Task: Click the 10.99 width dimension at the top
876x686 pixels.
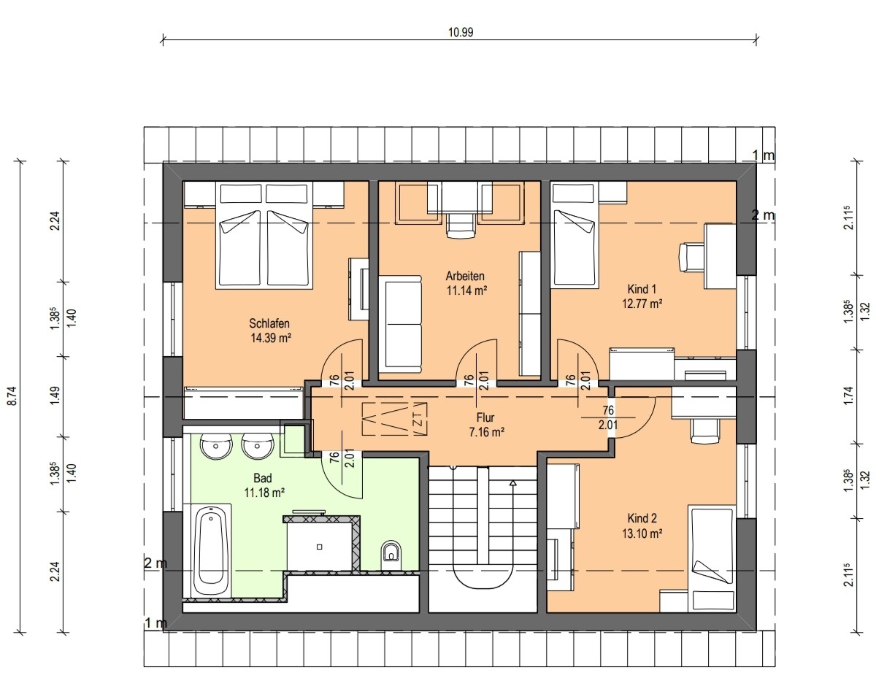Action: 461,32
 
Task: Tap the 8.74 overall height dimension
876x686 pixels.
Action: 12,396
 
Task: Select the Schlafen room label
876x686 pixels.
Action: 269,323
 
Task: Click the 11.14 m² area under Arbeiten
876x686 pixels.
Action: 466,290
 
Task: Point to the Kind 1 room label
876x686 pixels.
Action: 642,289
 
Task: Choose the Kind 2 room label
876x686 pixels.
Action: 642,518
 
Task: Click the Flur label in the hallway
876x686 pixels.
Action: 485,417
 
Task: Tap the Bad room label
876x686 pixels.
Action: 263,478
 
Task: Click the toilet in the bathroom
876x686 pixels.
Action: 391,555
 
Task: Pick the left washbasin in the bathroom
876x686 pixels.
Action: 216,446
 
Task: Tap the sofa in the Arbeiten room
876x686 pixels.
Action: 400,325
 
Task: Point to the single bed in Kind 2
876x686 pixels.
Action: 712,558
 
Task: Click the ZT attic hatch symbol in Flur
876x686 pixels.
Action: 395,419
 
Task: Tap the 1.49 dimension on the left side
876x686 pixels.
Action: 55,396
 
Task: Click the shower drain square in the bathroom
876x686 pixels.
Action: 320,547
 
